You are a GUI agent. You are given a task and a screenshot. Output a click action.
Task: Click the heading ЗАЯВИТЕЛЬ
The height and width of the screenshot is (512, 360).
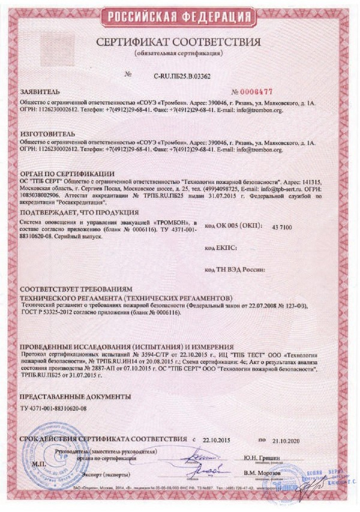40,93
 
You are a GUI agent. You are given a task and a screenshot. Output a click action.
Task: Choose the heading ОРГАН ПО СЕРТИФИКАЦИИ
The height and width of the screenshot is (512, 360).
67,173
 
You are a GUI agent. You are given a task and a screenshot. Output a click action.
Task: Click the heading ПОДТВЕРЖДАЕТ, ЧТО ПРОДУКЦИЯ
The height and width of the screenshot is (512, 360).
79,212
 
